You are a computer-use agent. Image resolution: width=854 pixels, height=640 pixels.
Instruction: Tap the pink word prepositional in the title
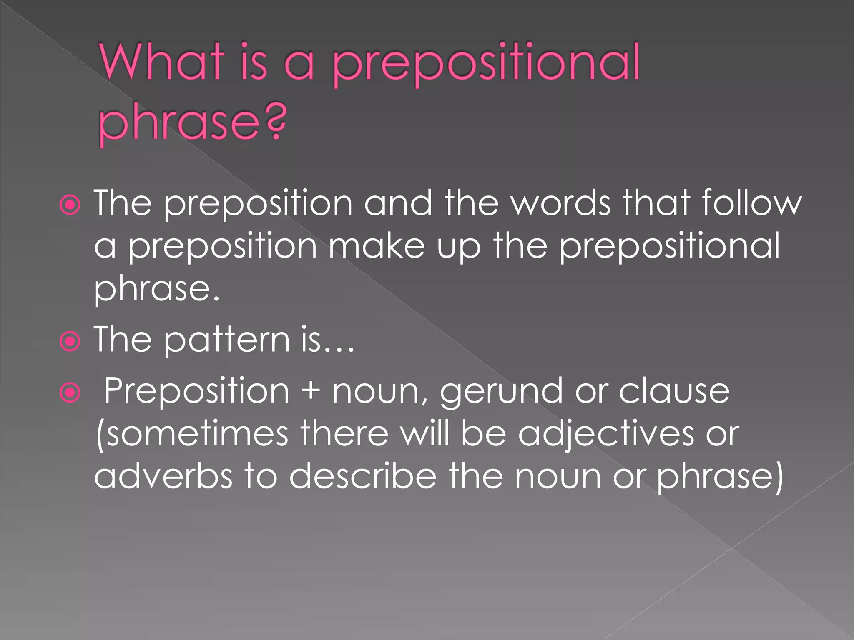[x=486, y=65]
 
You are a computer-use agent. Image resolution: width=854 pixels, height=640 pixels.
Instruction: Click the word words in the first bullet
[x=561, y=203]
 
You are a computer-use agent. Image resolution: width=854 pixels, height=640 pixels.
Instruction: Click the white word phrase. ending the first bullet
[x=156, y=290]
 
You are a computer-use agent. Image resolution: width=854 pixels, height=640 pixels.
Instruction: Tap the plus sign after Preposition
[x=311, y=392]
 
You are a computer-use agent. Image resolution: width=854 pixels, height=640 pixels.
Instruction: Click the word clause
[x=674, y=391]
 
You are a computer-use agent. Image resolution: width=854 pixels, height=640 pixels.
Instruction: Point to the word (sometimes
[x=192, y=434]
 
